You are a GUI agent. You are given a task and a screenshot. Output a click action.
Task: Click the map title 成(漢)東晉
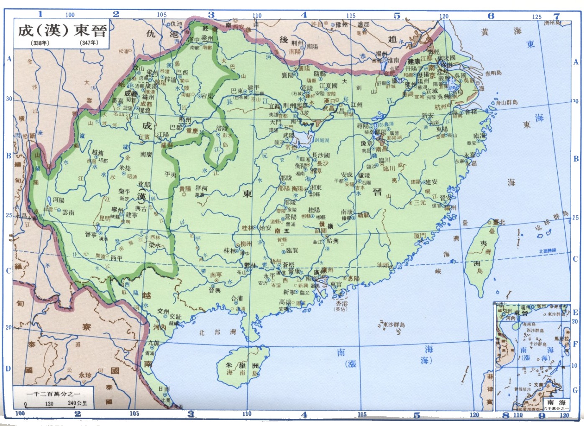62,30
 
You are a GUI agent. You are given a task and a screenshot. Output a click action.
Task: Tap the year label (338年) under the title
40,43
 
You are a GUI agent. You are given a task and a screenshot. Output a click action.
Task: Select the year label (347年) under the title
89,43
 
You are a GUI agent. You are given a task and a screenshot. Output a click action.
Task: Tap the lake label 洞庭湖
322,140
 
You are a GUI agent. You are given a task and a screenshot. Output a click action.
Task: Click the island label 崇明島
493,73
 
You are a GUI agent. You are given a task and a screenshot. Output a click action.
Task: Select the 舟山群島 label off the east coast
507,102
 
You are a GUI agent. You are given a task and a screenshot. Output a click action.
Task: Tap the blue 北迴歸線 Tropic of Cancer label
548,251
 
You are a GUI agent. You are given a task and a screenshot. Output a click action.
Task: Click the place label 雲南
68,212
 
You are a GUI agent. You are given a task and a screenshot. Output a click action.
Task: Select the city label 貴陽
185,189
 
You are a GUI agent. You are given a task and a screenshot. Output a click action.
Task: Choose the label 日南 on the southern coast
164,389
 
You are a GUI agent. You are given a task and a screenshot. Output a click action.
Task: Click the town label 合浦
237,298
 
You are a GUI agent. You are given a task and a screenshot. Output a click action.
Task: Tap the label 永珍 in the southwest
85,375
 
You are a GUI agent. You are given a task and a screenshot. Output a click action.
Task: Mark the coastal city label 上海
479,88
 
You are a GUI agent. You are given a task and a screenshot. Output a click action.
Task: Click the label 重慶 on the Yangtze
192,131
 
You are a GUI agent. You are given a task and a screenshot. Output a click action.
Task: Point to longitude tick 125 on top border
537,17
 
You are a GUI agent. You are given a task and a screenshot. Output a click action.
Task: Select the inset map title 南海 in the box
556,402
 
